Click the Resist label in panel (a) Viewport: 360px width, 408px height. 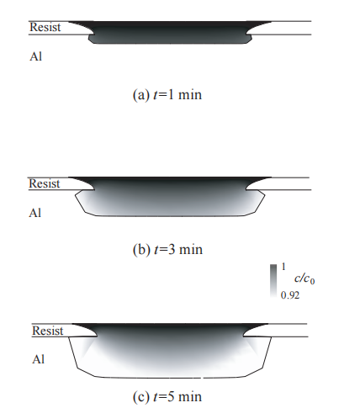coord(45,27)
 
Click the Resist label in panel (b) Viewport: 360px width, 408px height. coord(45,183)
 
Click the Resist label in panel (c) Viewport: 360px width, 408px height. coord(48,331)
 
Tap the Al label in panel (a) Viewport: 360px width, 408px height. coord(36,56)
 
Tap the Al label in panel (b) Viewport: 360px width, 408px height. coord(35,213)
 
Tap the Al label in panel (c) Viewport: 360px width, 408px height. coord(39,359)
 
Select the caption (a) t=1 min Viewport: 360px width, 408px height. coord(167,95)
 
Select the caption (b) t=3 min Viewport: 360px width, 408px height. coord(167,250)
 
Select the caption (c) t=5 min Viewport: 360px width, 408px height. coord(167,396)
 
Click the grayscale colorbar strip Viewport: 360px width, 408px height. coord(273,281)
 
